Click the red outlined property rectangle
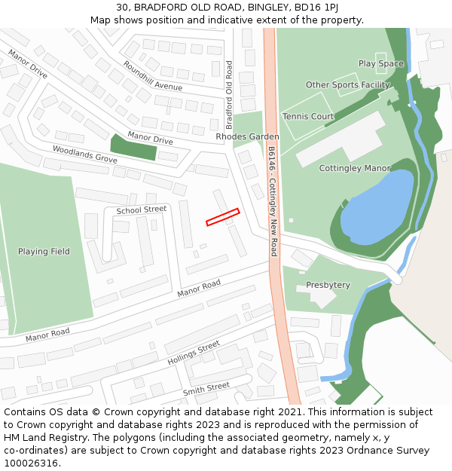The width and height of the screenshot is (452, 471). pyautogui.click(x=222, y=217)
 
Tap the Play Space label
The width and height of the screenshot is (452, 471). pyautogui.click(x=380, y=64)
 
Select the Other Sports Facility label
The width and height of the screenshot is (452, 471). pyautogui.click(x=347, y=85)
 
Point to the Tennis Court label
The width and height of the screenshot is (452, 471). pyautogui.click(x=308, y=117)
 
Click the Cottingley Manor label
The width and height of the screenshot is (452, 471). pyautogui.click(x=355, y=168)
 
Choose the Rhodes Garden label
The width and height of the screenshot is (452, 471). pyautogui.click(x=247, y=137)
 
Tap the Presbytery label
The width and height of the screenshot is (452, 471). pyautogui.click(x=328, y=285)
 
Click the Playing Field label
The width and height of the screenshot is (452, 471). pyautogui.click(x=44, y=252)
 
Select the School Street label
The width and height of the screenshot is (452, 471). pyautogui.click(x=141, y=210)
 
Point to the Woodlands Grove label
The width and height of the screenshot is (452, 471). pyautogui.click(x=84, y=155)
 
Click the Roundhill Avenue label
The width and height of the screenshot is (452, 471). pyautogui.click(x=153, y=76)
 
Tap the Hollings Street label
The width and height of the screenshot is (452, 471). pyautogui.click(x=194, y=353)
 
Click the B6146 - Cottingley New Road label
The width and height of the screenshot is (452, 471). pyautogui.click(x=272, y=201)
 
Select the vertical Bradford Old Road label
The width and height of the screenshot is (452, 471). pyautogui.click(x=230, y=95)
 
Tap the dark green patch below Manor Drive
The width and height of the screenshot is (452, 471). pyautogui.click(x=133, y=148)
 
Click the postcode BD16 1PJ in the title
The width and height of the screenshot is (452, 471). pyautogui.click(x=318, y=7)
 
